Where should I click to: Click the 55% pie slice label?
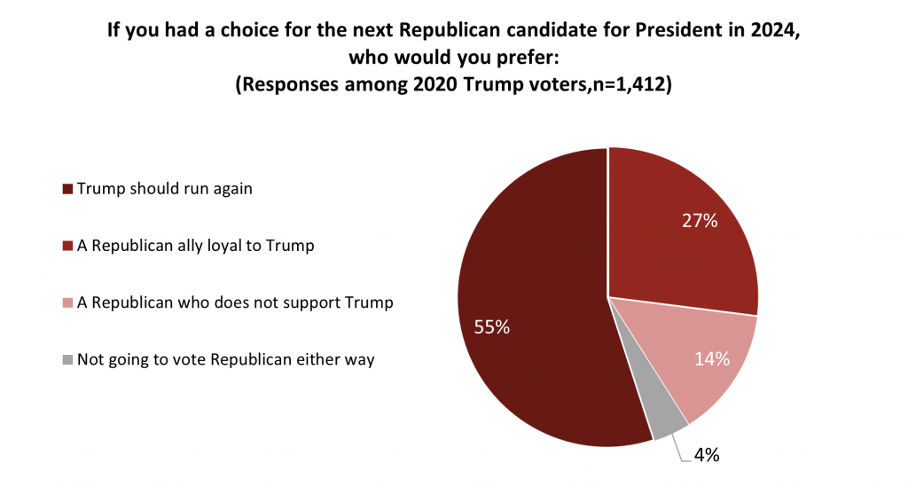pyautogui.click(x=490, y=327)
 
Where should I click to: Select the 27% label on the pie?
pyautogui.click(x=699, y=222)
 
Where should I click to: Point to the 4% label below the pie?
pyautogui.click(x=706, y=456)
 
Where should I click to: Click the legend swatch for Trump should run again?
pyautogui.click(x=68, y=189)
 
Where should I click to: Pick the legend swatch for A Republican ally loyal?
pyautogui.click(x=68, y=246)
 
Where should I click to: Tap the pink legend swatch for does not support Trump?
pyautogui.click(x=68, y=303)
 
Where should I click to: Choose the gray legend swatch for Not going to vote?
pyautogui.click(x=68, y=360)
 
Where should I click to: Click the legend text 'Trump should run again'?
pyautogui.click(x=164, y=188)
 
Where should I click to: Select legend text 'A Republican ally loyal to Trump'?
pyautogui.click(x=195, y=246)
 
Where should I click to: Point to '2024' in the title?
pyautogui.click(x=776, y=30)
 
